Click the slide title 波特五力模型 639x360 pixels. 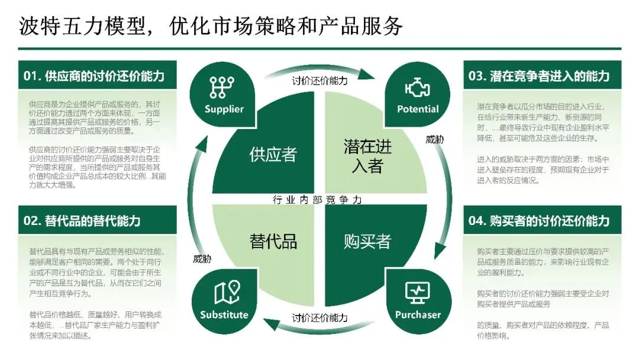211,26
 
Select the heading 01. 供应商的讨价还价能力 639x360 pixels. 93,76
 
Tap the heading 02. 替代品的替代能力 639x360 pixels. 82,221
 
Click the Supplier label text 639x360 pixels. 224,109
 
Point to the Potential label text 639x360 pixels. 418,109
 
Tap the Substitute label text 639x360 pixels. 224,314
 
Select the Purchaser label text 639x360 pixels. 418,314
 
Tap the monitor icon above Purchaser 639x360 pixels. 417,292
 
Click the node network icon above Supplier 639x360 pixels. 222,87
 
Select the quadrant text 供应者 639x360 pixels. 273,156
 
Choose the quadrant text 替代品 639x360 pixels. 273,241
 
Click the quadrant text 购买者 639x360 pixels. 367,241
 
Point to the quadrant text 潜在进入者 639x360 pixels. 367,156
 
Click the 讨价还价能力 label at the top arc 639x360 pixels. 319,81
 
